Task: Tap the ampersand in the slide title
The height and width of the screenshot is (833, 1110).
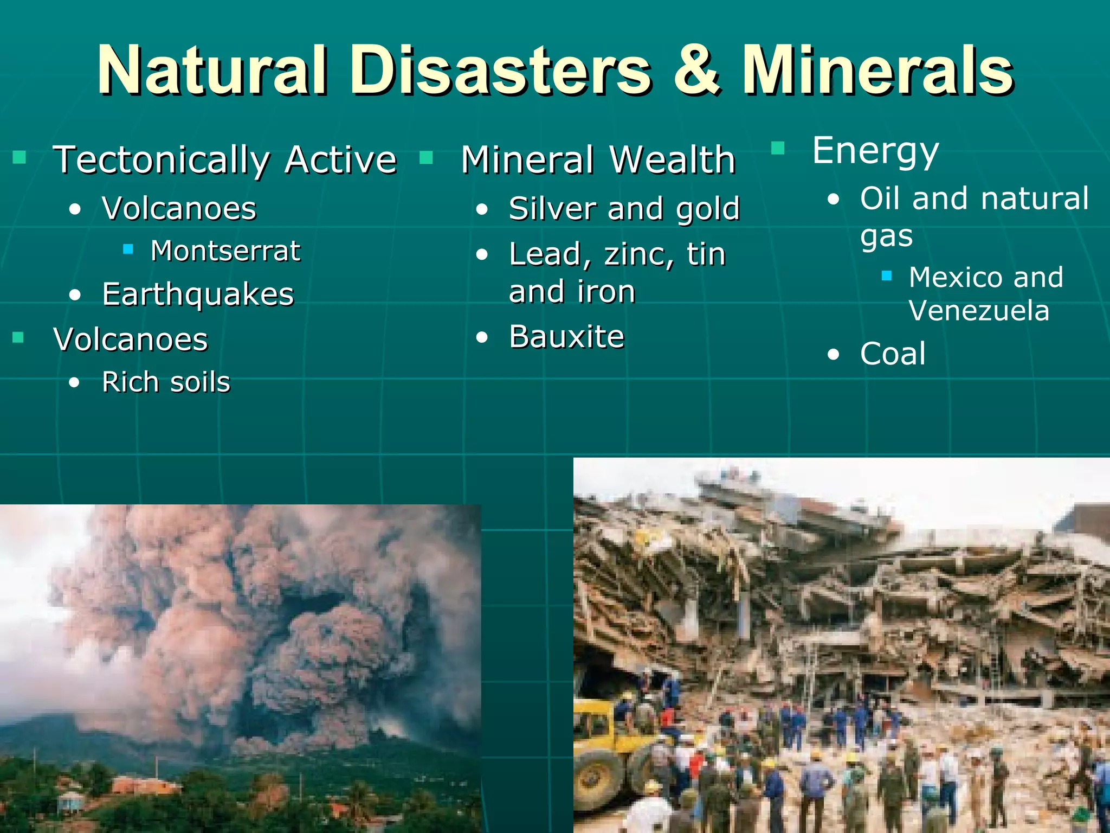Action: click(697, 71)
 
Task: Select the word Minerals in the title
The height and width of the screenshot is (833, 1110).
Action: click(877, 71)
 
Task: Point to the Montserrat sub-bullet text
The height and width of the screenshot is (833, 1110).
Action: click(225, 251)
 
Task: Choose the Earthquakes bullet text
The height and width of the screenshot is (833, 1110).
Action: click(198, 294)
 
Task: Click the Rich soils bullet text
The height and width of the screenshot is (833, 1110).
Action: click(166, 382)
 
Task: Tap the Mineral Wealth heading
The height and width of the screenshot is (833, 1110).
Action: click(598, 160)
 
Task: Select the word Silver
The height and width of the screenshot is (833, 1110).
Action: click(553, 209)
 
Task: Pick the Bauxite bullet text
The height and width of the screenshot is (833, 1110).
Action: click(566, 337)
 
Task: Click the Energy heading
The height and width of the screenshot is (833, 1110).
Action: click(875, 151)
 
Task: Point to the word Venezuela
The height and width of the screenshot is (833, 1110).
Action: click(979, 311)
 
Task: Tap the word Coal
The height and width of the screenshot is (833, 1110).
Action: click(893, 354)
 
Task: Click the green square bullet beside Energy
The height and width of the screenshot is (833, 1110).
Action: click(778, 148)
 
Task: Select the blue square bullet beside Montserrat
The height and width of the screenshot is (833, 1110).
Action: click(128, 249)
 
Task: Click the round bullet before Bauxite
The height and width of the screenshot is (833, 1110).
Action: click(482, 338)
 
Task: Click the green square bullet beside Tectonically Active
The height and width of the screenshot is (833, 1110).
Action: click(20, 157)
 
